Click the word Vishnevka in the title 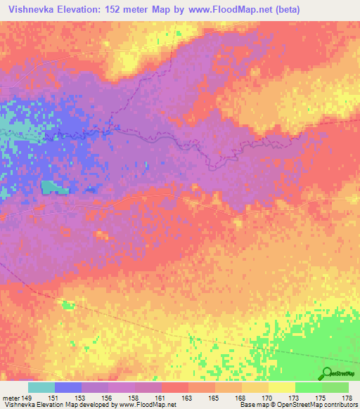pyautogui.click(x=33, y=8)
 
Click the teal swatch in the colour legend pyautogui.click(x=41, y=388)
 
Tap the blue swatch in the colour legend pyautogui.click(x=68, y=388)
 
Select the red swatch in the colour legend pyautogui.click(x=175, y=388)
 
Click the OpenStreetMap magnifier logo pyautogui.click(x=327, y=373)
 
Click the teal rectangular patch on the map pyautogui.click(x=53, y=187)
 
